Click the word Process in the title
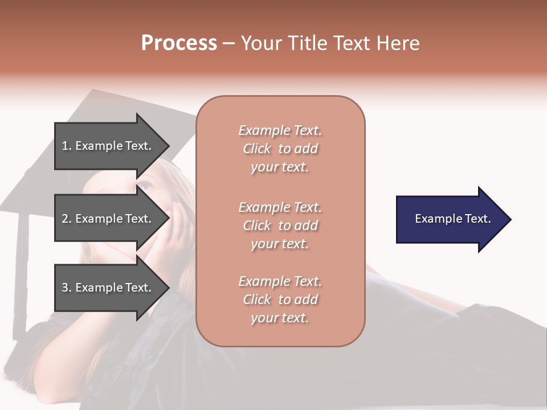179,43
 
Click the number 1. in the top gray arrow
66,146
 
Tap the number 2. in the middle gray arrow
66,219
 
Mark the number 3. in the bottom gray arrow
66,288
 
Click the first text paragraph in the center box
280,149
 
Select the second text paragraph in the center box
280,225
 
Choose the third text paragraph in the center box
280,300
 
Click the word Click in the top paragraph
256,149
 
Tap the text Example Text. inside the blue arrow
452,219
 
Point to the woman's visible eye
145,186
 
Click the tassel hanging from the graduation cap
21,273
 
